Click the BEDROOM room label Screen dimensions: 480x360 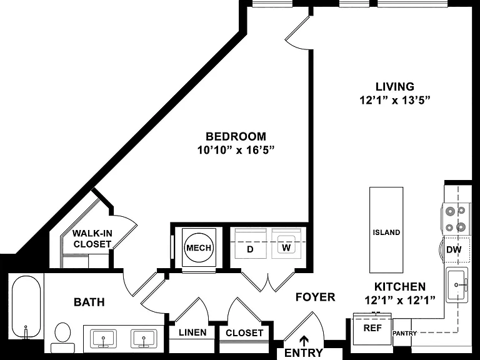236,136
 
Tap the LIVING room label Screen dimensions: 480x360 395,87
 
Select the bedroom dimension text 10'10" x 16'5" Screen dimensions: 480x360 236,150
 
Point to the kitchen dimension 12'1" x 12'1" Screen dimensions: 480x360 400,300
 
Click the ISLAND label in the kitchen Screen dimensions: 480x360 386,232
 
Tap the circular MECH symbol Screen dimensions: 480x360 199,247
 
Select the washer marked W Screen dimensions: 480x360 286,243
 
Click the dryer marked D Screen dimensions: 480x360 250,243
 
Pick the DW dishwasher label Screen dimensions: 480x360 454,249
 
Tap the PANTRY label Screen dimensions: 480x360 405,333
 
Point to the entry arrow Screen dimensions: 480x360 304,341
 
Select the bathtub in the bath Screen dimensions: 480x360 26,307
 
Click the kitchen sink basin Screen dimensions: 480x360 456,285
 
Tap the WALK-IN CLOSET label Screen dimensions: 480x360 92,239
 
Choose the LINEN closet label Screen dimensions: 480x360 192,332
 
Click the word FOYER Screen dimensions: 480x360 315,297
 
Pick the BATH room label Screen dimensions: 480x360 89,302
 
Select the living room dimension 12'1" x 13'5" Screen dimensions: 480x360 395,100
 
